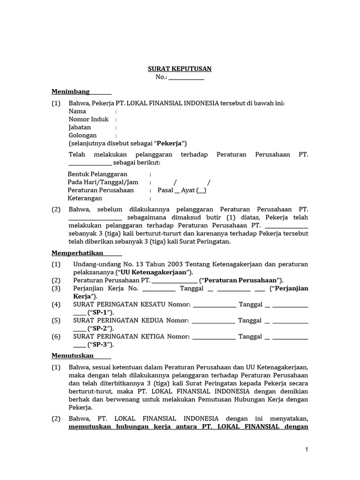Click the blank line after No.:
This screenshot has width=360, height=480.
[x=186, y=77]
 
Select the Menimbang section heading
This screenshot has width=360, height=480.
[x=70, y=92]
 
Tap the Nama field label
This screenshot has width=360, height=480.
[x=77, y=112]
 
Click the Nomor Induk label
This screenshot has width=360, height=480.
[x=89, y=120]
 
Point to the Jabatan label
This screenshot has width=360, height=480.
[x=80, y=127]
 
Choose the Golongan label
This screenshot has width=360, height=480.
[x=82, y=135]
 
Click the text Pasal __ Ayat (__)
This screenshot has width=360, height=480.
[x=181, y=190]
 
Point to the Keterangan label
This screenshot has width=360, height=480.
[x=85, y=198]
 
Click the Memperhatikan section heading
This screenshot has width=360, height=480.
[x=77, y=253]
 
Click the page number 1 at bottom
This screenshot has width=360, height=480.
[x=307, y=450]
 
